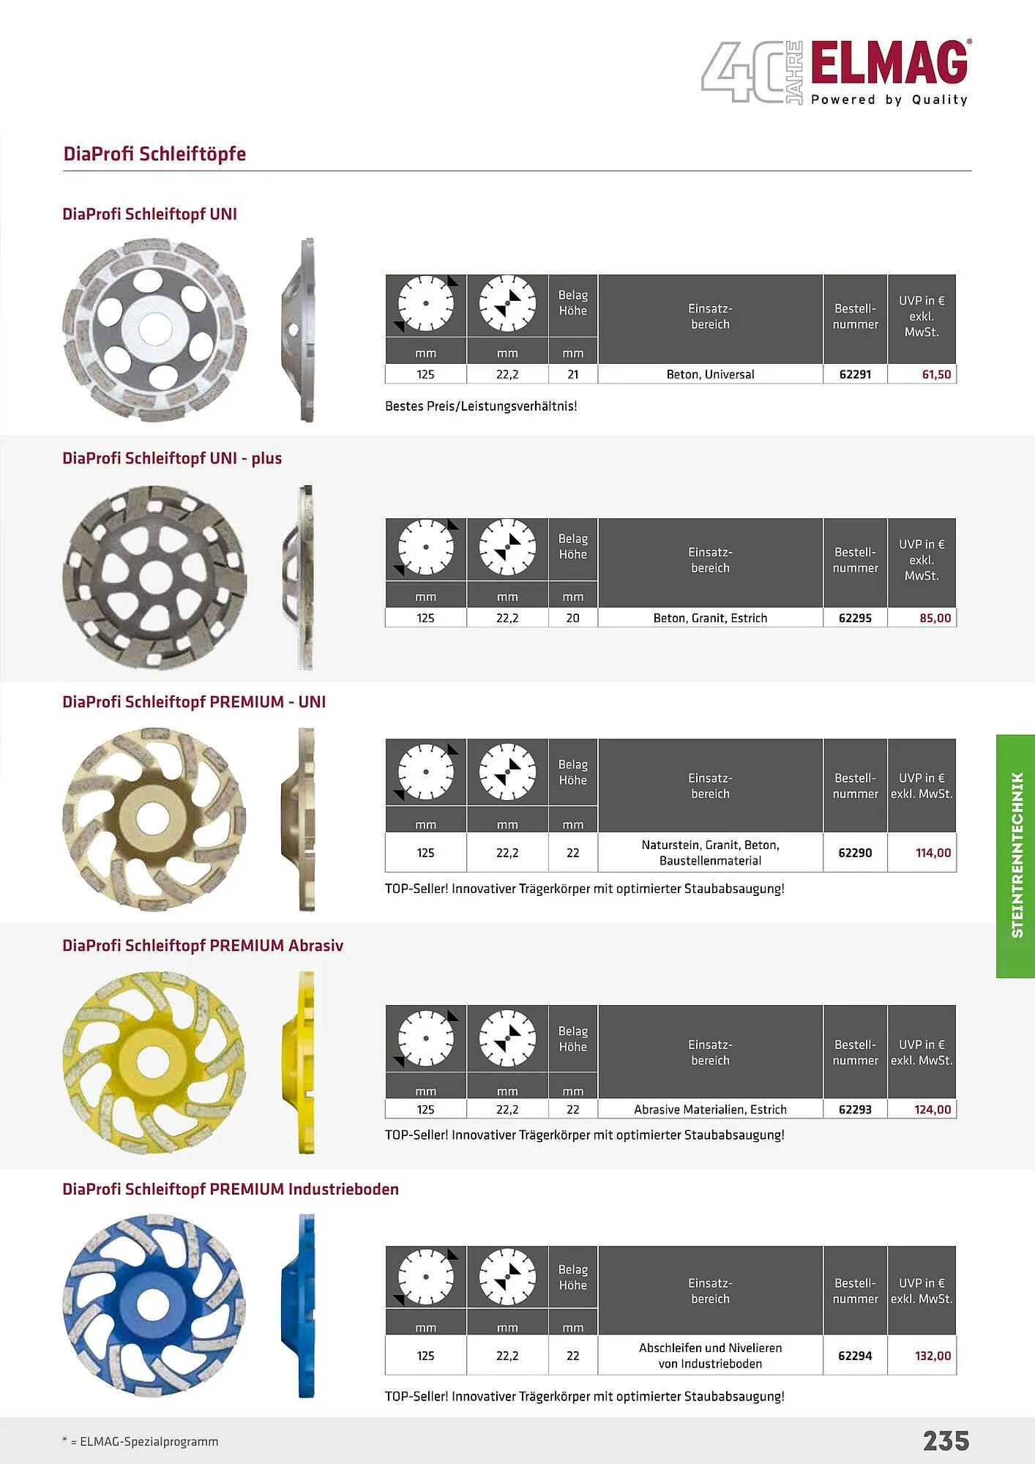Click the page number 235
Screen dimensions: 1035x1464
946,1441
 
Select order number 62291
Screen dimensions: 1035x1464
855,374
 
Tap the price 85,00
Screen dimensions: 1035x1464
935,618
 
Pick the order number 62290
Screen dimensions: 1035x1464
855,853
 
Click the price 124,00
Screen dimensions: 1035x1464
933,1109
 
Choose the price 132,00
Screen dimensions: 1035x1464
933,1356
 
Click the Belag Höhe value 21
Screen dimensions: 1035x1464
573,374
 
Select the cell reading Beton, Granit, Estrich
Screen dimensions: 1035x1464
710,618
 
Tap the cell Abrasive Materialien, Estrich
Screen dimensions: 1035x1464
710,1109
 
